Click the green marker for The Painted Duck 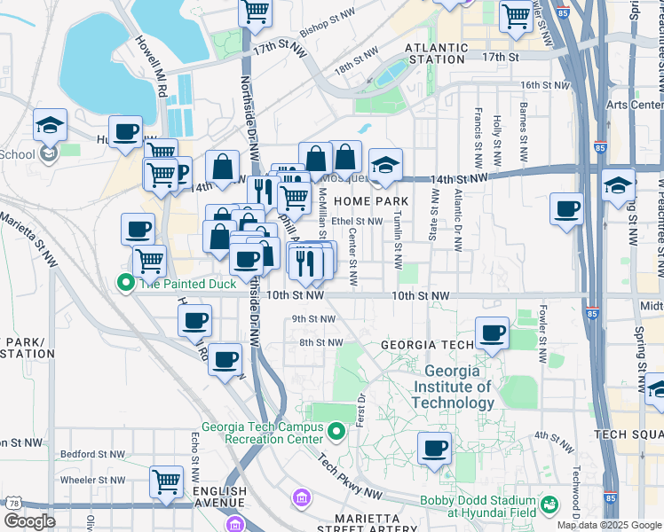[127, 284]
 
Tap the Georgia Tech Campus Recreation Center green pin [336, 433]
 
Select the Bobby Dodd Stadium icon [549, 505]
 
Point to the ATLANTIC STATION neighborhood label [435, 53]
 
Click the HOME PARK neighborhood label [371, 201]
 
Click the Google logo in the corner [29, 520]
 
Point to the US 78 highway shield [12, 503]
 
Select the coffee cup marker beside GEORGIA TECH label [493, 333]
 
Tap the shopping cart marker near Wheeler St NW [166, 481]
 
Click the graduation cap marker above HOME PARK [385, 165]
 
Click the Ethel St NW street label [356, 222]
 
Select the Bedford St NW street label [90, 454]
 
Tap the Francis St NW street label [478, 137]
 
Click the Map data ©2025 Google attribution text [609, 525]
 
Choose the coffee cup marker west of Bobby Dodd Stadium [434, 448]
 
